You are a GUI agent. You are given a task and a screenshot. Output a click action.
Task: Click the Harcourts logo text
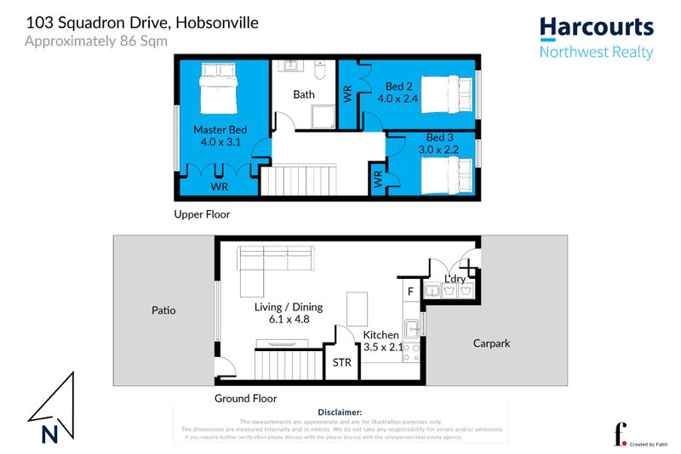click(x=597, y=26)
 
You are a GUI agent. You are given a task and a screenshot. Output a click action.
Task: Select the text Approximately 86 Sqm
click(x=95, y=40)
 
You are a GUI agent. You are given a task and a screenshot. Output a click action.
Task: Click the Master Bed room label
click(x=220, y=130)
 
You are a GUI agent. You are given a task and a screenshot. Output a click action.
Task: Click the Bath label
click(x=304, y=94)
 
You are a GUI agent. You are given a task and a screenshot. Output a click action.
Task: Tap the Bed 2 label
click(x=398, y=86)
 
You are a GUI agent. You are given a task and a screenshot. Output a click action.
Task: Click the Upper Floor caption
click(x=202, y=214)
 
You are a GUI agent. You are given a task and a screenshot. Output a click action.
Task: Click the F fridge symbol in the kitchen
click(x=410, y=292)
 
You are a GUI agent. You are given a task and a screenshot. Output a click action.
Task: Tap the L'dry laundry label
click(x=455, y=278)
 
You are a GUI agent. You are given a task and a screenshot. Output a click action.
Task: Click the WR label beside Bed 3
click(x=376, y=180)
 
